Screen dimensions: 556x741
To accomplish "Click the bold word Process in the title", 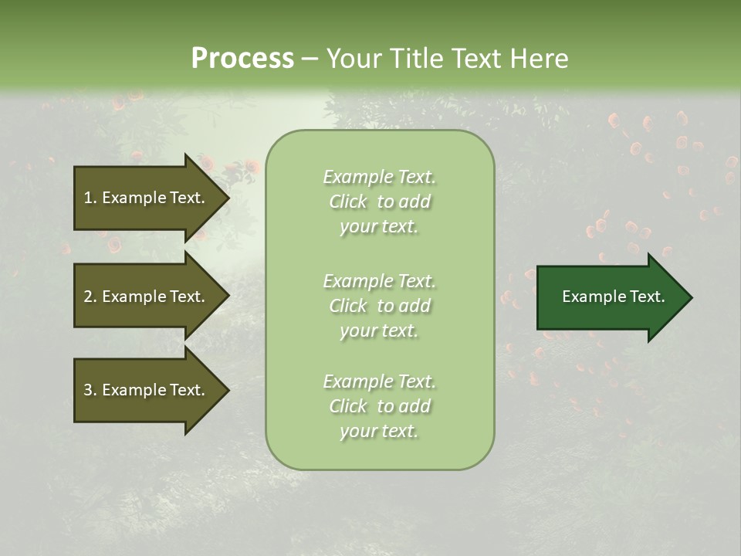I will coord(242,59).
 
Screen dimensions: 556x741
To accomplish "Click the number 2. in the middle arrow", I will coord(90,297).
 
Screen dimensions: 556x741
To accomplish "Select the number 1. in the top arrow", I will coord(90,198).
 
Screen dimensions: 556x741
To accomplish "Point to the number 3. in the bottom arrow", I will coord(90,390).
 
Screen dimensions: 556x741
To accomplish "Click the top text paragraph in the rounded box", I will coord(379,202).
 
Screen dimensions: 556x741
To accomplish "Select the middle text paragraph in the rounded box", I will coord(379,306).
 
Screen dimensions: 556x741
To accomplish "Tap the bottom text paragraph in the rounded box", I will coord(379,406).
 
